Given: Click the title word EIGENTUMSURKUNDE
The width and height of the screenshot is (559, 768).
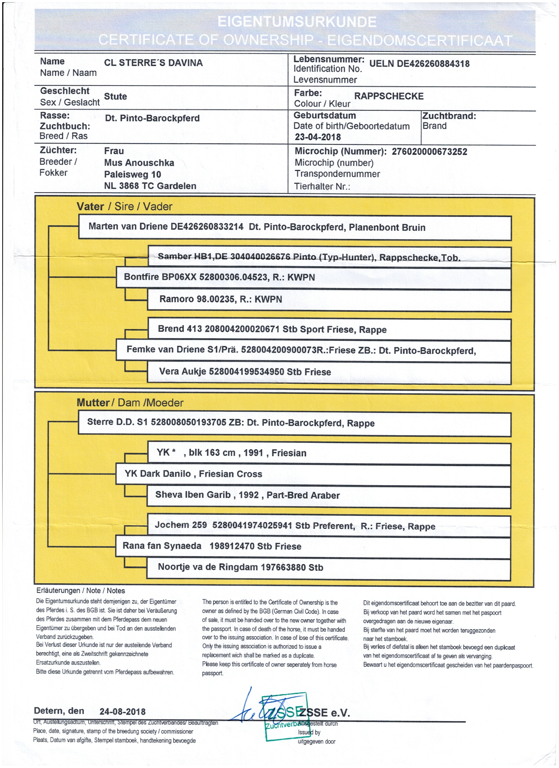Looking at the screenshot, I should pos(297,22).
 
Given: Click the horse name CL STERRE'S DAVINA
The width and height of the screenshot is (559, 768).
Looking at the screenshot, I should pos(153,63).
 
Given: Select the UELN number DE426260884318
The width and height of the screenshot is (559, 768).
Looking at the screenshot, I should pos(419,64).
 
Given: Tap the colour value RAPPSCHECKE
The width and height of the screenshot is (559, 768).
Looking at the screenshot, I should pos(389,96).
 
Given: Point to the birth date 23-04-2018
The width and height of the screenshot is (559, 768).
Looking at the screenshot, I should pos(317,137).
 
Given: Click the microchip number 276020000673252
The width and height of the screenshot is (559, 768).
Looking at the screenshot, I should pos(429,152).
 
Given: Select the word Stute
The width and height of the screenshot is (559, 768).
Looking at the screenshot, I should pos(115,97).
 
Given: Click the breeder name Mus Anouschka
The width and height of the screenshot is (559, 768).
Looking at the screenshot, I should pos(139,163).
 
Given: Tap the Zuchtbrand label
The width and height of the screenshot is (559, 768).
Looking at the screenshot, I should pos(449,116).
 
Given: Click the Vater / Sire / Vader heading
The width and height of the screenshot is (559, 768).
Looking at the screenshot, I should pos(124,207).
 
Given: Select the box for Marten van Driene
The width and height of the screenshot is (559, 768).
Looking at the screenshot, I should pos(294,227).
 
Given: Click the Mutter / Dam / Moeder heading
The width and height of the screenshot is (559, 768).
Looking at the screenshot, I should pos(130,403).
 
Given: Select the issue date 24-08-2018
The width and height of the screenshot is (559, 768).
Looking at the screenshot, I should pos(122,712).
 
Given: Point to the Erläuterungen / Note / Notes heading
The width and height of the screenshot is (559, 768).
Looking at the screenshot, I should pos(80,591).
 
